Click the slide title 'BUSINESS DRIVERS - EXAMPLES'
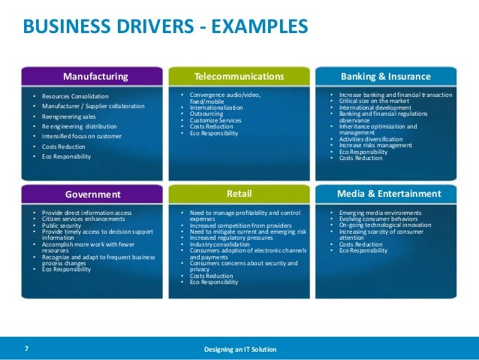pyautogui.click(x=165, y=27)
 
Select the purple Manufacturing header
pyautogui.click(x=95, y=77)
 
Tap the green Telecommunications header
pyautogui.click(x=239, y=77)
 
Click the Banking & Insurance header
pyautogui.click(x=386, y=77)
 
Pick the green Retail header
pyautogui.click(x=239, y=194)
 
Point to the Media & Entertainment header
pyautogui.click(x=389, y=194)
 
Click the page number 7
pyautogui.click(x=27, y=349)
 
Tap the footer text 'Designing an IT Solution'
pyautogui.click(x=239, y=349)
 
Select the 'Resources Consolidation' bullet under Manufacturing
pyautogui.click(x=75, y=97)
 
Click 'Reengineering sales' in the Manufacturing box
pyautogui.click(x=70, y=116)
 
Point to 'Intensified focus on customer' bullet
pyautogui.click(x=80, y=137)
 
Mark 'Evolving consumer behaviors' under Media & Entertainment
pyautogui.click(x=375, y=219)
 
